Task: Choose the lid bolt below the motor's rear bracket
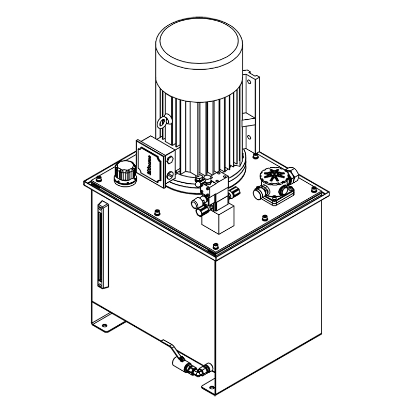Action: pos(256,154)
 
